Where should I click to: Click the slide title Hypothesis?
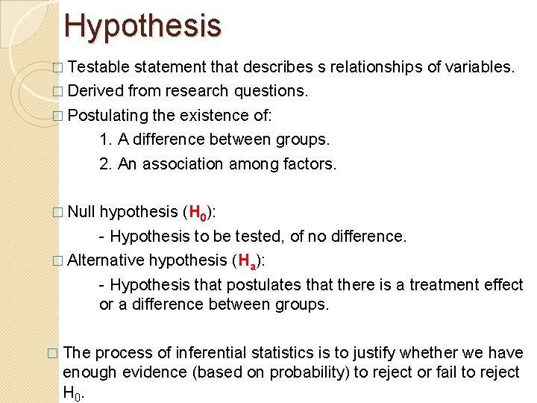(142, 25)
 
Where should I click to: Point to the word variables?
(479, 68)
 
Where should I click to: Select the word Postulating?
(106, 115)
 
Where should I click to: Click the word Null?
(81, 212)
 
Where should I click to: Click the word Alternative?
(105, 260)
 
